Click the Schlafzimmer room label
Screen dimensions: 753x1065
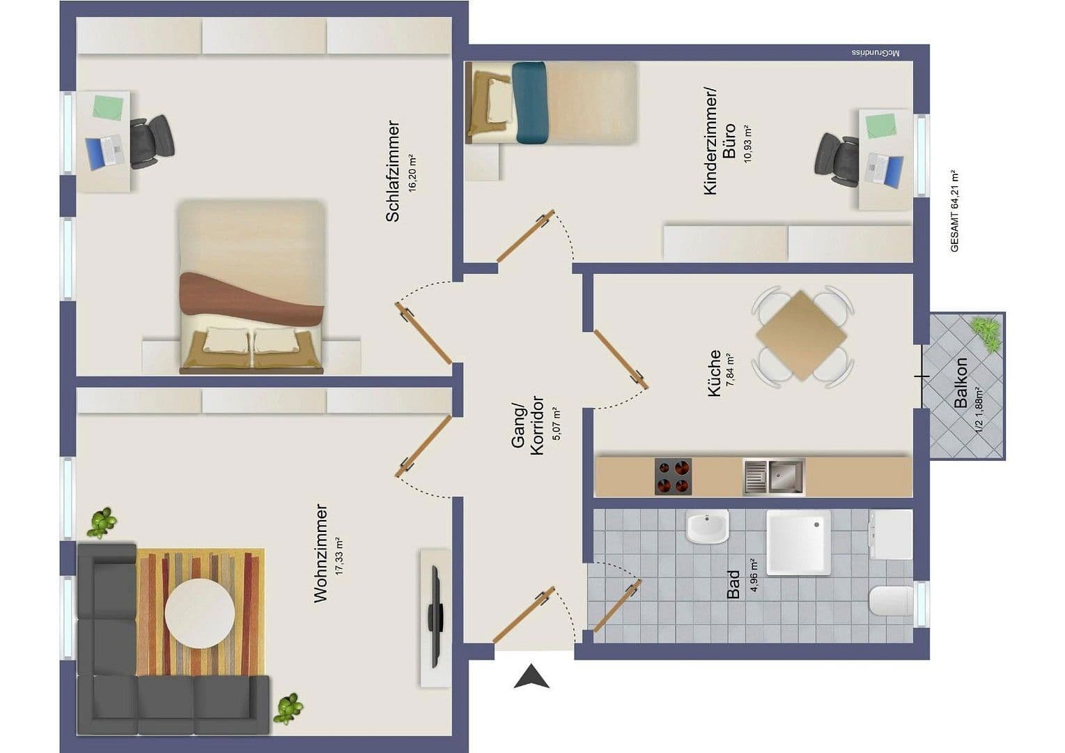point(393,172)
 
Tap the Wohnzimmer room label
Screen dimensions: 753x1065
point(320,553)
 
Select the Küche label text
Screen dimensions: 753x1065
point(715,374)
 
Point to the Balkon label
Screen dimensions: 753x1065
point(961,383)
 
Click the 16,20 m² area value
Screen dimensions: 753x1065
point(412,172)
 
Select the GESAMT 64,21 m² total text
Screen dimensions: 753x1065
point(954,211)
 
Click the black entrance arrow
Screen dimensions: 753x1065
point(531,677)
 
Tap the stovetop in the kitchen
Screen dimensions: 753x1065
point(673,477)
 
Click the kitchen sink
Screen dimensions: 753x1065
point(773,477)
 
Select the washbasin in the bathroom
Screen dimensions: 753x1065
point(707,527)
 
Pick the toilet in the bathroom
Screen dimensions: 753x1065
point(891,601)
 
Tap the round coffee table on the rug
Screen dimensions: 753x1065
point(200,614)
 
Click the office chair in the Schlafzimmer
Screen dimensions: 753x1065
point(151,142)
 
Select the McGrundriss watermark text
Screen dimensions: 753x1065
point(876,53)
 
